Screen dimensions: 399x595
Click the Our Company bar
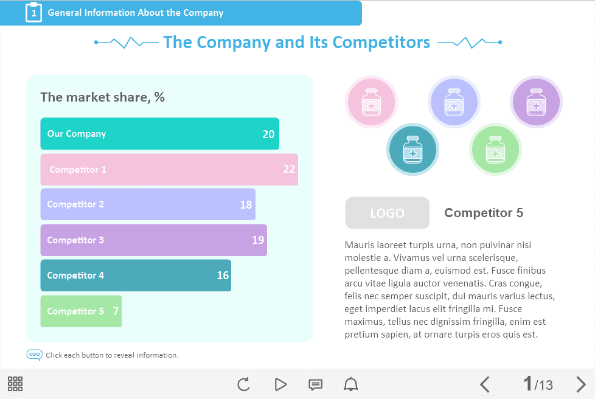click(159, 134)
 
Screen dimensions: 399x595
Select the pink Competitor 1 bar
click(169, 170)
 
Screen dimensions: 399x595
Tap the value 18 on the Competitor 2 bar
click(246, 205)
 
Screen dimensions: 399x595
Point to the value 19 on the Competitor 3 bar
click(258, 240)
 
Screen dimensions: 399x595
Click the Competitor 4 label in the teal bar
click(75, 276)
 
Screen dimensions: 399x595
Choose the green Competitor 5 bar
click(81, 311)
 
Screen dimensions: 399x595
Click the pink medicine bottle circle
click(371, 102)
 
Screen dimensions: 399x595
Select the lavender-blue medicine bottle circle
click(454, 102)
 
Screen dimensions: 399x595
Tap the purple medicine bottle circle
click(536, 102)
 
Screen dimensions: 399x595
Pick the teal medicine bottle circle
click(412, 149)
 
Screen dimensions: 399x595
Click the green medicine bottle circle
click(495, 149)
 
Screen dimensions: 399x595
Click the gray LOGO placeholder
click(387, 213)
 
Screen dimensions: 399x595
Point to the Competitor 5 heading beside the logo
click(484, 213)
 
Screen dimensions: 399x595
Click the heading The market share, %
click(102, 97)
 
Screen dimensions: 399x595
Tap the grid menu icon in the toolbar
click(15, 384)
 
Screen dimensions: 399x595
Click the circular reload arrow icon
click(243, 384)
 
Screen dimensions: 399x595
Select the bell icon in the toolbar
click(351, 384)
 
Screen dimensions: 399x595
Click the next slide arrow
click(581, 384)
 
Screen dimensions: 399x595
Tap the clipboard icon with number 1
click(33, 12)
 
